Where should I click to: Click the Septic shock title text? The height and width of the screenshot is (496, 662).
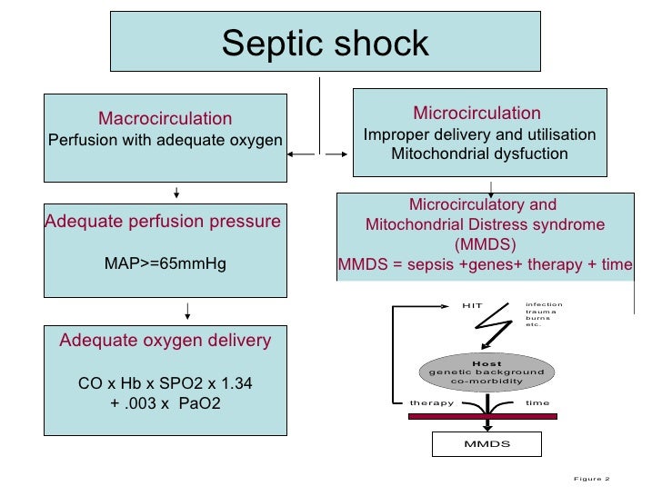click(325, 43)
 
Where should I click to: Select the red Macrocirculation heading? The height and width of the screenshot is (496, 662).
click(165, 119)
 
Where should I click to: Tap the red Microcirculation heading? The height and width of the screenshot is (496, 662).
click(476, 114)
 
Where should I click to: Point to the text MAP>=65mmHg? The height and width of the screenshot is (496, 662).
click(165, 264)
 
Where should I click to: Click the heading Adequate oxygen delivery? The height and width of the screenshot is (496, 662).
click(165, 341)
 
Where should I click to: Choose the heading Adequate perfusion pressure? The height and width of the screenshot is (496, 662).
click(163, 221)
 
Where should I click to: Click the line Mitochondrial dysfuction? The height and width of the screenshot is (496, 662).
click(479, 154)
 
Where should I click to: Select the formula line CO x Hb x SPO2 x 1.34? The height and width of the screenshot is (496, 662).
click(165, 384)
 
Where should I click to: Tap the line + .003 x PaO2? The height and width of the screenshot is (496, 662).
click(165, 404)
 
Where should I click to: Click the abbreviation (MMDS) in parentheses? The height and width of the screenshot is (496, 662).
click(483, 244)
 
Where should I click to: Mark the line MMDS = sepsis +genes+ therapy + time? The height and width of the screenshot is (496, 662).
click(483, 264)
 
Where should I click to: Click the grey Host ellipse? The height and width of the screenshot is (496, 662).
click(486, 372)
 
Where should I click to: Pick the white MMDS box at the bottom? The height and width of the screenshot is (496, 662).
click(486, 444)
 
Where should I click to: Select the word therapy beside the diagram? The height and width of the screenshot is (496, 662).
click(431, 402)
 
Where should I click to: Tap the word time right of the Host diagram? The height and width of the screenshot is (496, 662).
click(537, 402)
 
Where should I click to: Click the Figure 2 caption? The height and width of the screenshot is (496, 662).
click(591, 479)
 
